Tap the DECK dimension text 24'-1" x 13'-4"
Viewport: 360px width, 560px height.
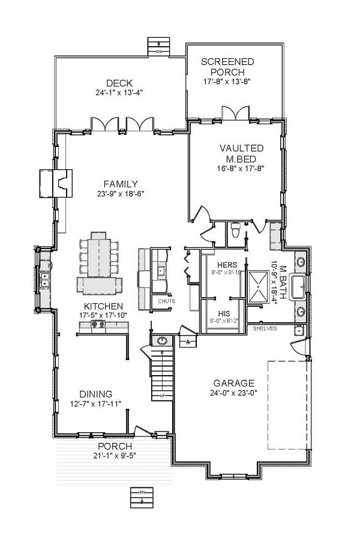coord(118,92)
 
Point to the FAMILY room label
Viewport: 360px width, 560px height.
coord(121,184)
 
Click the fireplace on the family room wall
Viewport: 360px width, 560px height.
coord(55,183)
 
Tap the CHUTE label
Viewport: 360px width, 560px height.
coord(166,300)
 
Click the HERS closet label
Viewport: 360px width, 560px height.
coord(227,265)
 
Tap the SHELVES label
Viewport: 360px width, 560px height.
coord(264,329)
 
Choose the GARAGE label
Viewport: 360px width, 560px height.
coord(234,383)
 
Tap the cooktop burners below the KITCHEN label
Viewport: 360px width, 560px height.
coord(97,325)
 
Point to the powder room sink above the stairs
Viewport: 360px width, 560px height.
coord(162,341)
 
